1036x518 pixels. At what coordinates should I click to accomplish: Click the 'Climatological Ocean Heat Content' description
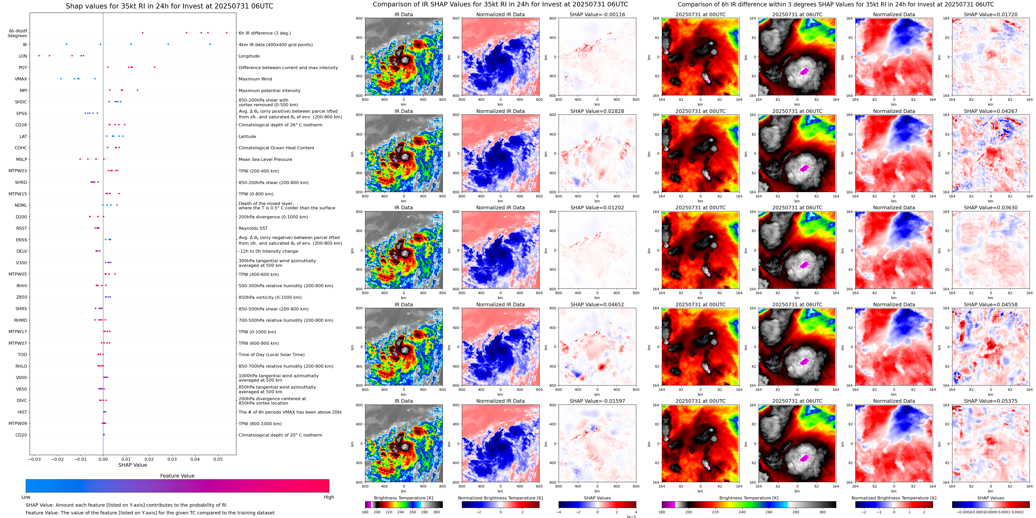coord(276,148)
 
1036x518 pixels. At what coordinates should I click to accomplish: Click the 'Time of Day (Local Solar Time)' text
coord(271,355)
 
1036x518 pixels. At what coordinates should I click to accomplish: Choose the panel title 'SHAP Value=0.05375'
coord(991,401)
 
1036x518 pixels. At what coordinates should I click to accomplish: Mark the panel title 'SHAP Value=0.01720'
coord(991,14)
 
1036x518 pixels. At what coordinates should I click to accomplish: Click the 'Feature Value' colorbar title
coord(177,476)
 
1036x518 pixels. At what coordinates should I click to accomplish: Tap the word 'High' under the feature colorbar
coord(329,497)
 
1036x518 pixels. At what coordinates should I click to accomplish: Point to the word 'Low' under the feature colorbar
coord(26,497)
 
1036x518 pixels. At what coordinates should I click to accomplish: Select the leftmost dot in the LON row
coord(39,56)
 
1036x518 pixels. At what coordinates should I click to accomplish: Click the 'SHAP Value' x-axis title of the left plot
coord(132,465)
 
